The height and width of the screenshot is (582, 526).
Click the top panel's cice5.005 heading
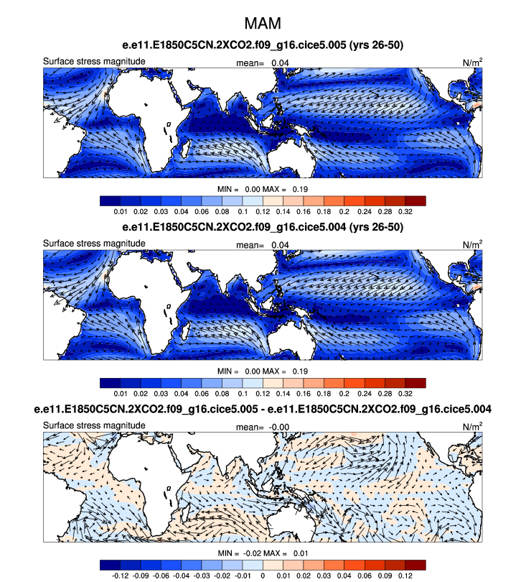click(263, 46)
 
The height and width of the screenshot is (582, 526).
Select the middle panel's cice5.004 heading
click(263, 227)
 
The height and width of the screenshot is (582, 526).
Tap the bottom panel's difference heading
click(263, 409)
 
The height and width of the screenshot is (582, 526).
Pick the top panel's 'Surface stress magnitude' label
click(95, 61)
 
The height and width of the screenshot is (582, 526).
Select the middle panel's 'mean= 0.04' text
click(263, 244)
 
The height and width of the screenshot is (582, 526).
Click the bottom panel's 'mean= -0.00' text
click(263, 426)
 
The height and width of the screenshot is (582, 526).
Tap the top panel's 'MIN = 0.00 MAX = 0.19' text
click(263, 188)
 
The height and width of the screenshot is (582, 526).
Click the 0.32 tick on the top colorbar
click(405, 213)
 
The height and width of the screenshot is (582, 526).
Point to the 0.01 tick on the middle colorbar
click(120, 394)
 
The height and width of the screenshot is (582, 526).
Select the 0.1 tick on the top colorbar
click(243, 213)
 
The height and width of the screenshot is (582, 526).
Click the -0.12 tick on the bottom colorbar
click(120, 576)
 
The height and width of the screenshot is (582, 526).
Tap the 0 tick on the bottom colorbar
click(263, 576)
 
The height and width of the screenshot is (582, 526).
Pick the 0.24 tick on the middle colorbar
click(365, 394)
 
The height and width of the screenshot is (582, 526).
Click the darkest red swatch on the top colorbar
click(415, 201)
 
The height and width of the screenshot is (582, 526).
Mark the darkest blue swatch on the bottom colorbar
click(110, 565)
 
